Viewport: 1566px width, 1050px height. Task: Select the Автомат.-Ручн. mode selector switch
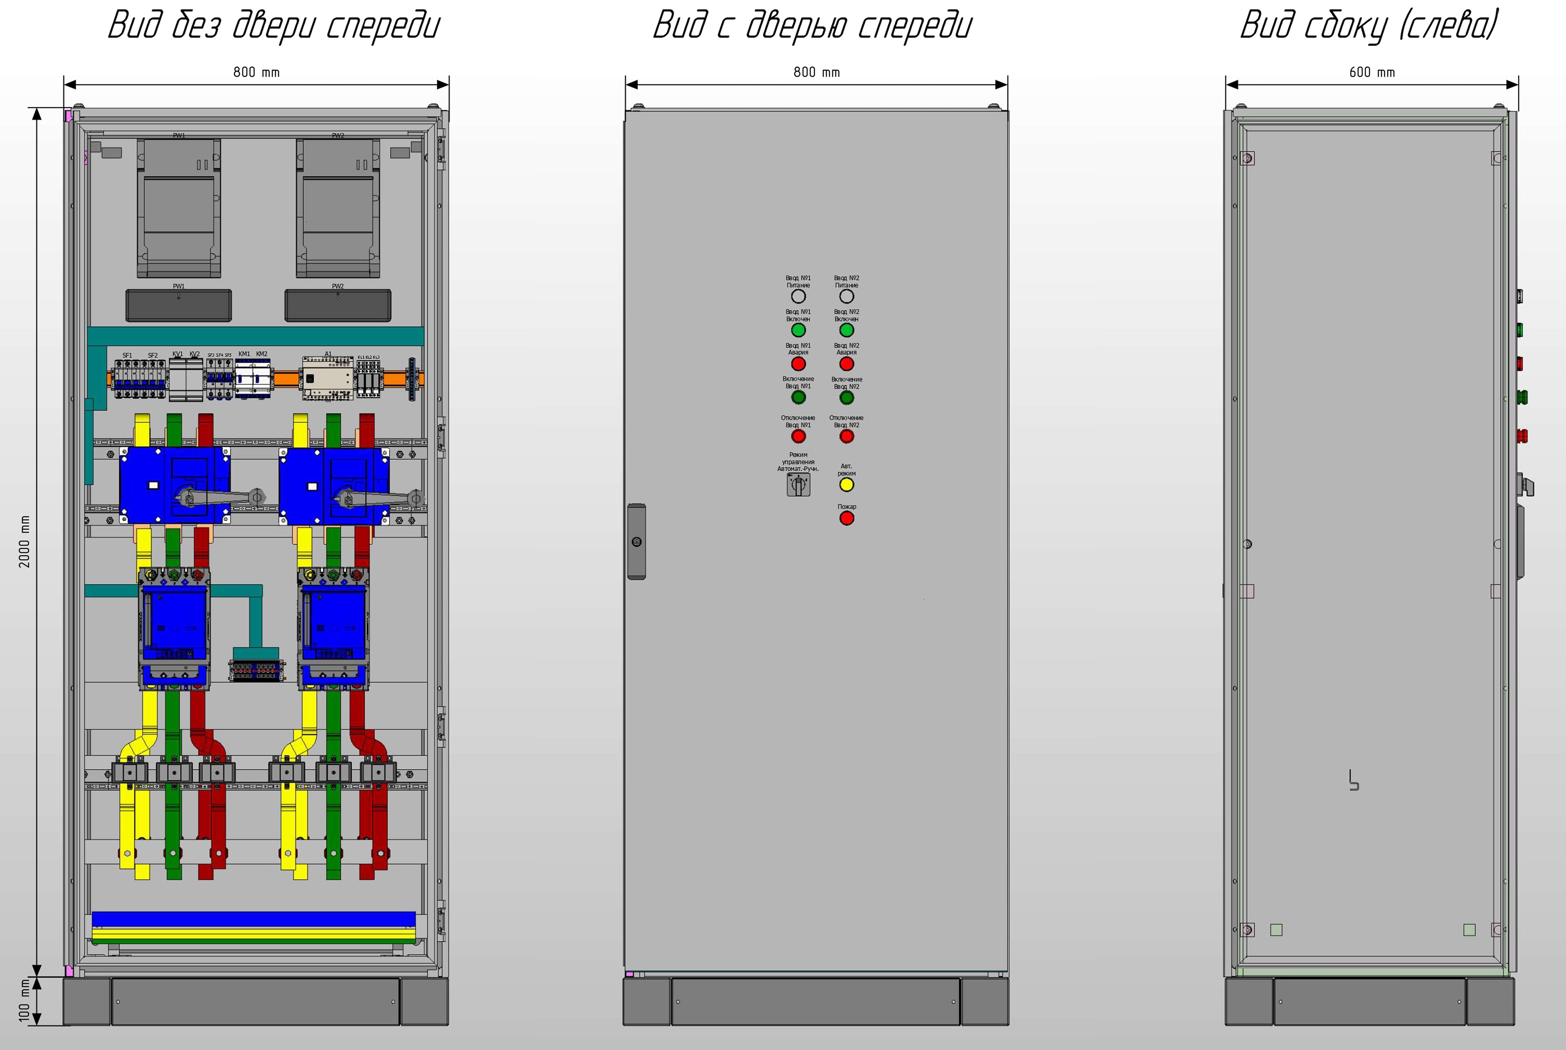pyautogui.click(x=798, y=485)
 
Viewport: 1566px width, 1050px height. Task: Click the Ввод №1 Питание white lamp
pyautogui.click(x=798, y=296)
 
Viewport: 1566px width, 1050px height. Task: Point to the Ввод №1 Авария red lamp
pyautogui.click(x=798, y=364)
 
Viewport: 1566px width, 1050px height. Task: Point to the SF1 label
pyautogui.click(x=127, y=356)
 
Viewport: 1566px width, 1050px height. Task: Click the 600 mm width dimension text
pyautogui.click(x=1372, y=72)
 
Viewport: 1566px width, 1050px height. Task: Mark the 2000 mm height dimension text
pyautogui.click(x=25, y=541)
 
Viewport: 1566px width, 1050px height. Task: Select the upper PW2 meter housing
pyautogui.click(x=338, y=208)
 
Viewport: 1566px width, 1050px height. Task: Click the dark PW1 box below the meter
pyautogui.click(x=179, y=305)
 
